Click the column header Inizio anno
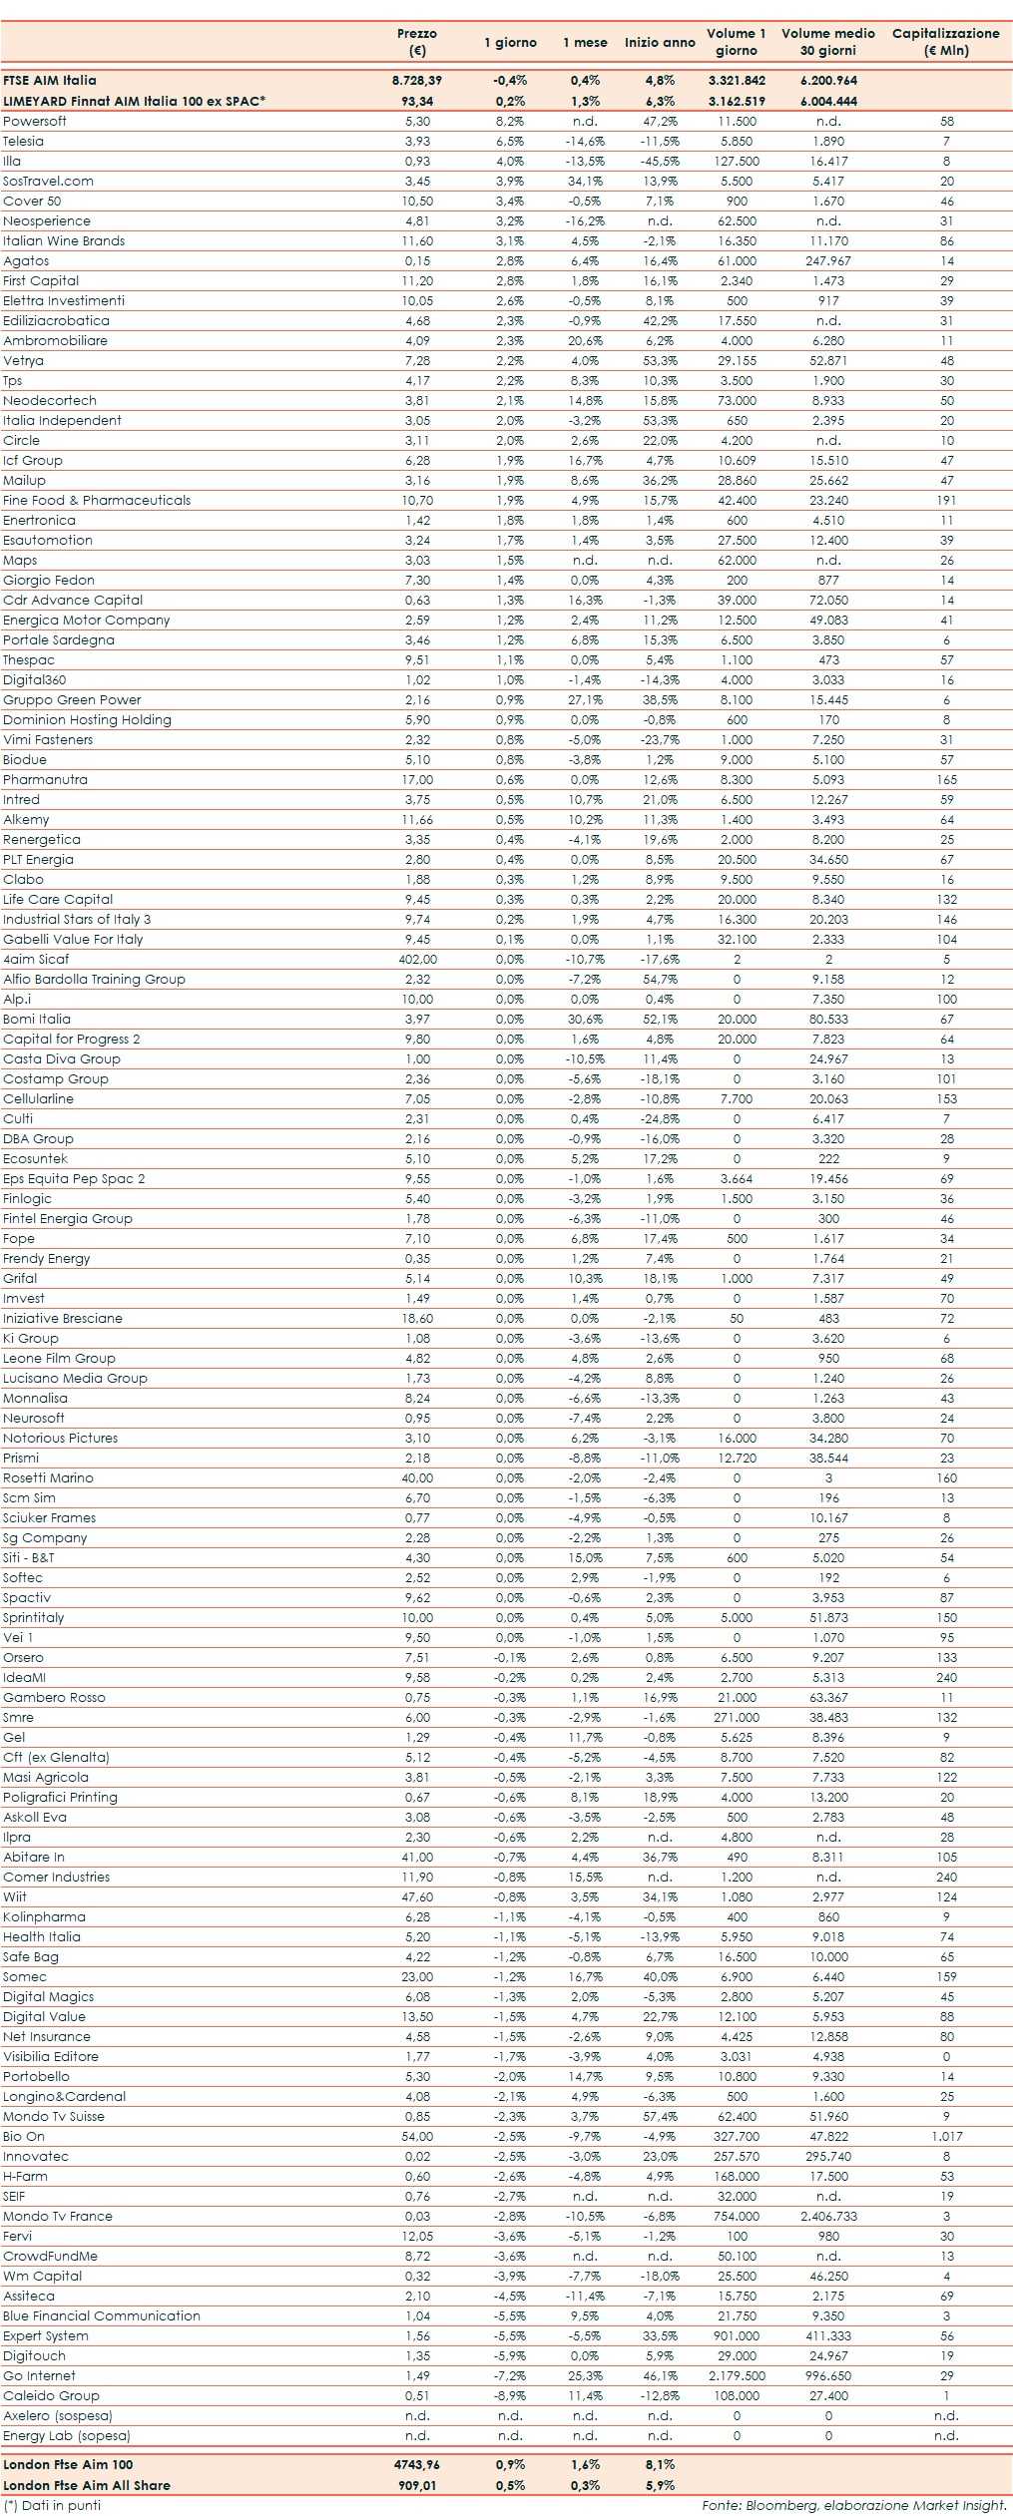pos(660,42)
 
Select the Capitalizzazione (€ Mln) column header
pos(945,42)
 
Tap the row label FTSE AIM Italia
pos(50,81)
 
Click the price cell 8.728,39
pos(417,81)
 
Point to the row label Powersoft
pos(35,121)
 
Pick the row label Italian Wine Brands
pos(64,240)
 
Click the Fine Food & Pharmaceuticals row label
pos(97,500)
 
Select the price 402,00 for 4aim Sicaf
pos(417,959)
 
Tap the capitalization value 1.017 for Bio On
pos(946,2136)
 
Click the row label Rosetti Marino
pos(48,1477)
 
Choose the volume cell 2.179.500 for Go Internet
pos(737,2375)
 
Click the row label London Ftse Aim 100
pos(68,2464)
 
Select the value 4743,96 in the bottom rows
pos(417,2464)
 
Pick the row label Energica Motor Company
pos(87,620)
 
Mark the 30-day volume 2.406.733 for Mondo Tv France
pos(828,2216)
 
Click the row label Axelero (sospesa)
pos(58,2415)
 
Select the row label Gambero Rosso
pos(54,1697)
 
